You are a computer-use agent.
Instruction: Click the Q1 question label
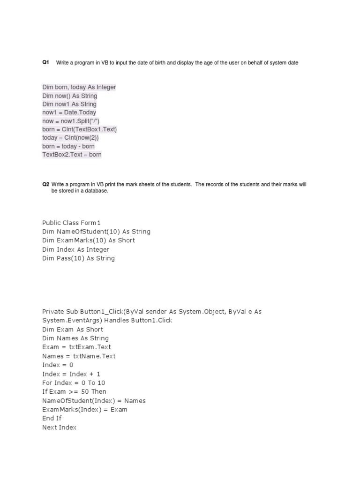tap(45, 62)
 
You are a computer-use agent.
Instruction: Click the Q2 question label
tap(45, 185)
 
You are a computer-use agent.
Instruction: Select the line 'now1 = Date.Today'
tap(69, 112)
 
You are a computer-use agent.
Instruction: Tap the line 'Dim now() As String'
tap(70, 96)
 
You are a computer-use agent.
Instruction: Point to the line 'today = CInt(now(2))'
tap(71, 138)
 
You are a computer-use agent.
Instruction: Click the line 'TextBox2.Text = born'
tap(72, 155)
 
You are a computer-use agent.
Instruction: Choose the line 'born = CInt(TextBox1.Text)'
tap(79, 129)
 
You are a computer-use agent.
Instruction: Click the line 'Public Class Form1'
tap(71, 223)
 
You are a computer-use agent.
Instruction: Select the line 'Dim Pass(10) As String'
tap(78, 258)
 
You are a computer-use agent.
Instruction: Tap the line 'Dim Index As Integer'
tap(75, 249)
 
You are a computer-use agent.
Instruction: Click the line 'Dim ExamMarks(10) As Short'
tap(89, 240)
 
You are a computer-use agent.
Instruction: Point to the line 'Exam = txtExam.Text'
tap(76, 347)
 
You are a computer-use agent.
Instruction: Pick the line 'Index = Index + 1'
tap(71, 374)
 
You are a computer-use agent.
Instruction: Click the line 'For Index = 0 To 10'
tap(74, 383)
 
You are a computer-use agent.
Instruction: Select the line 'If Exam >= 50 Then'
tap(74, 391)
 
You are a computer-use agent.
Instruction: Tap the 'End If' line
tap(52, 418)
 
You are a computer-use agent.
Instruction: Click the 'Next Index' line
tap(59, 427)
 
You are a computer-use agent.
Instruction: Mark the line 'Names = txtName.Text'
tap(79, 356)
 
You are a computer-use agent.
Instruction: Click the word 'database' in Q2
tap(97, 191)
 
